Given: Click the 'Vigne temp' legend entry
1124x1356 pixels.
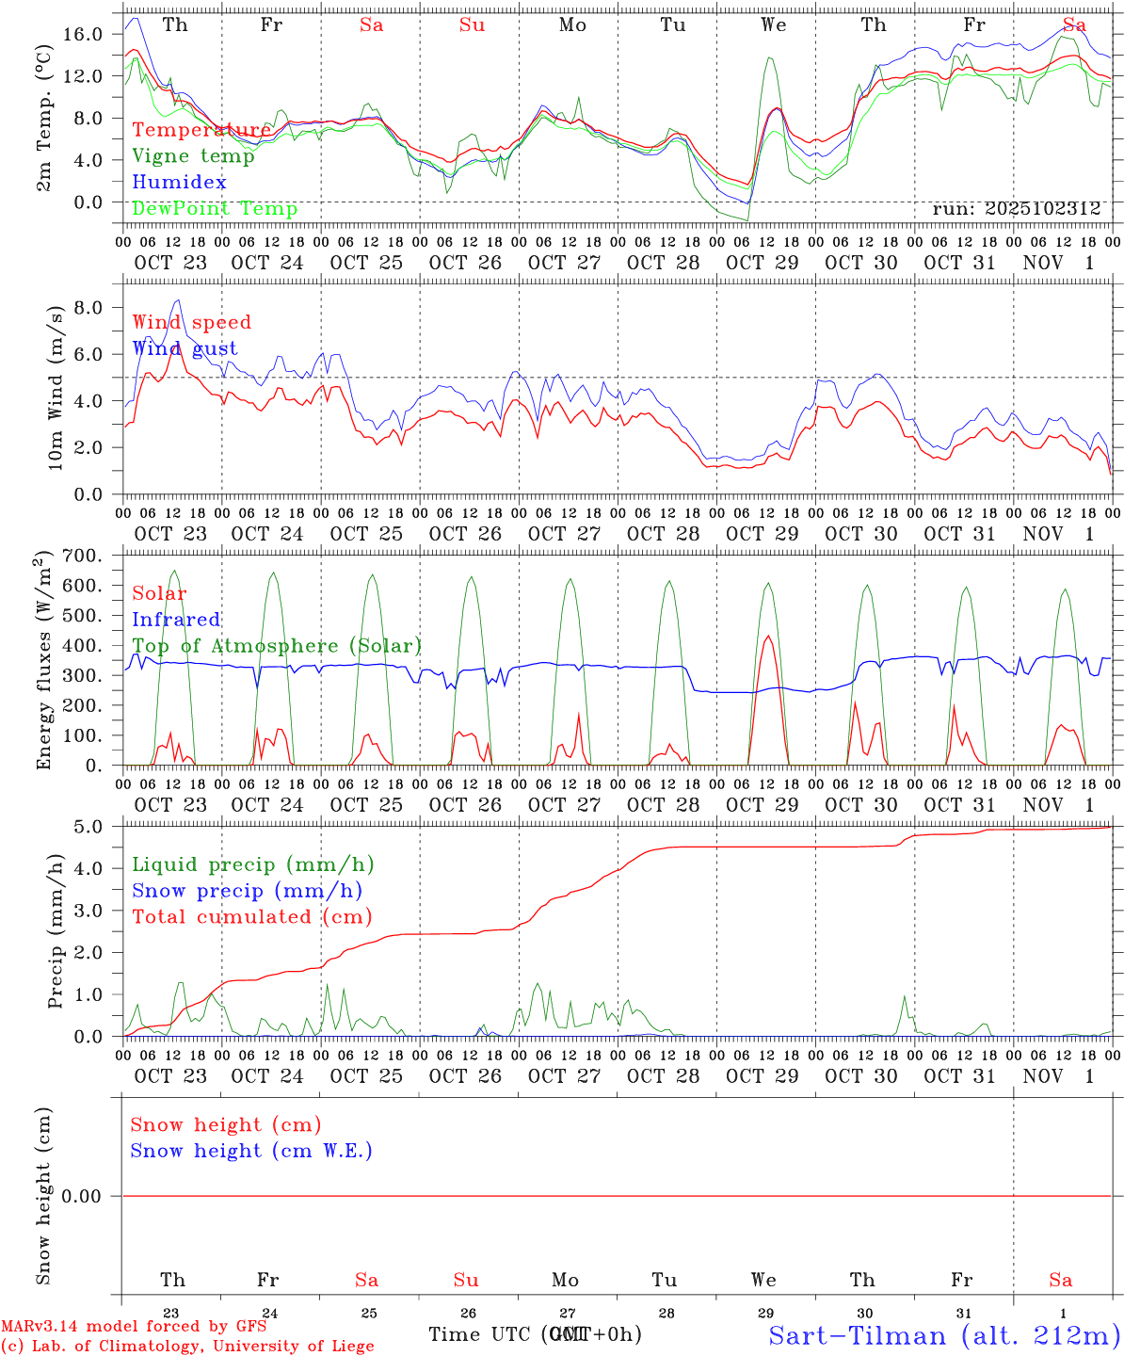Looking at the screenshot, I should point(193,156).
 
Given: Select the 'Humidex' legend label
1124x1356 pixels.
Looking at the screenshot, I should point(179,183).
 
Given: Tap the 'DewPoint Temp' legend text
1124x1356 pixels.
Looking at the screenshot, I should point(215,209).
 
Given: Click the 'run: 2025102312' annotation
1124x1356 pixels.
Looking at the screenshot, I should point(1016,209).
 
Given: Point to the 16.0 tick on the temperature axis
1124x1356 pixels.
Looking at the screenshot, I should point(83,35).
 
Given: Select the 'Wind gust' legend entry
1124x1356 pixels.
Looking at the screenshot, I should point(185,348).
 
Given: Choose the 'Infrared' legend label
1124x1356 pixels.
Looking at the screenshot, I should point(176,620).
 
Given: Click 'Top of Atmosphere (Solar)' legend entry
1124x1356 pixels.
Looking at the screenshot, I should point(277,646).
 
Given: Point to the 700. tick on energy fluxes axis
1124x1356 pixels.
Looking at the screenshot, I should point(80,557).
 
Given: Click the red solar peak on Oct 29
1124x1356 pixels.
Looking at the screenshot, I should point(768,637).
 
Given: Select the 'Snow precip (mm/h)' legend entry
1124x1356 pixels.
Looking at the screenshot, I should point(247,891).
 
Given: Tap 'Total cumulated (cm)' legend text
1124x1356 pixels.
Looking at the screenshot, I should point(251,917).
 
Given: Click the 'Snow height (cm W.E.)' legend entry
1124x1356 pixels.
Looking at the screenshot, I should point(251,1151).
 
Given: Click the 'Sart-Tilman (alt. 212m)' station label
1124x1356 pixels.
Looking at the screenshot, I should point(944,1335).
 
